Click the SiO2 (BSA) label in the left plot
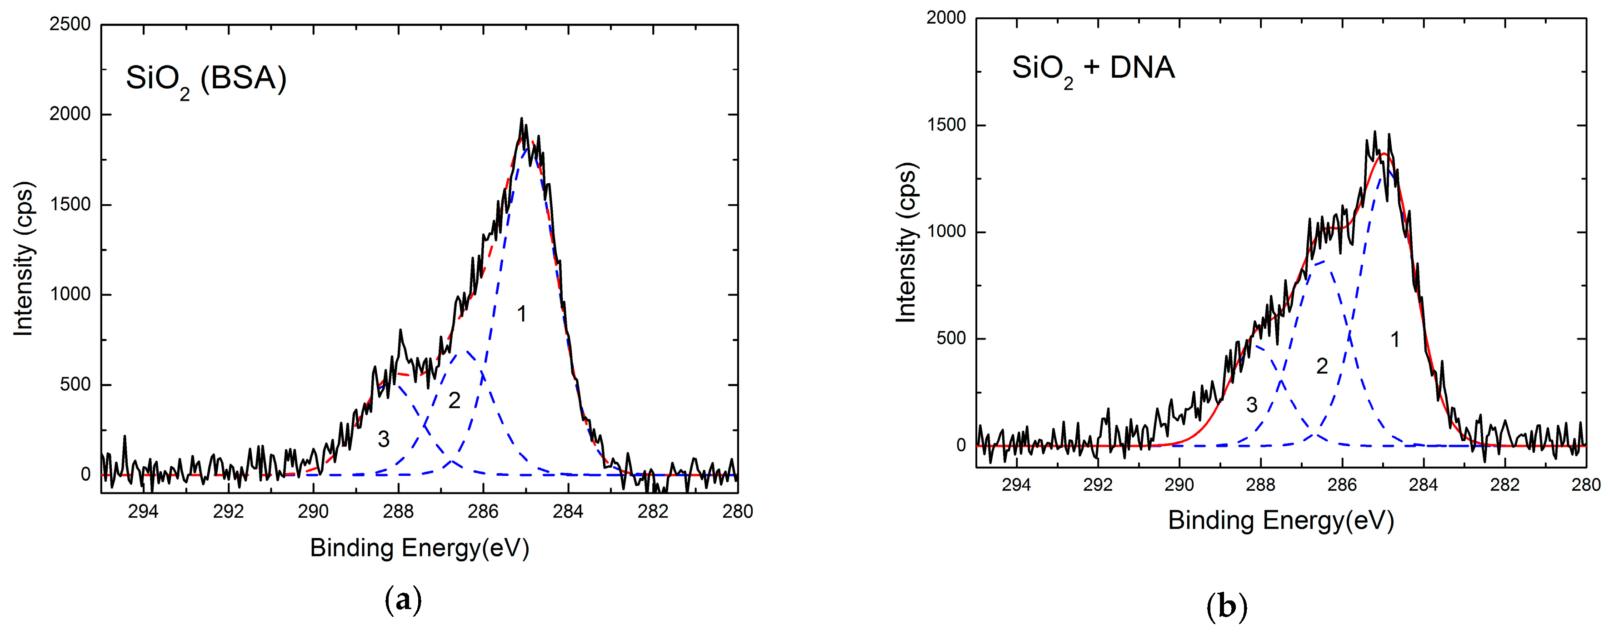coord(206,80)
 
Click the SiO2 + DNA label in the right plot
coord(1093,69)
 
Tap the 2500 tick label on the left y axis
coord(70,25)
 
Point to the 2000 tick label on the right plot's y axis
coord(946,18)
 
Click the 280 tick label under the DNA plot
coord(1585,484)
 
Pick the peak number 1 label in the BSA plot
coord(521,313)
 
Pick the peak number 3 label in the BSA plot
coord(384,439)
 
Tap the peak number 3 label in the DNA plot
coord(1251,405)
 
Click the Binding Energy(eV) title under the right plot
coord(1281,520)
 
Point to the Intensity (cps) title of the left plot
coord(24,258)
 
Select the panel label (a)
coord(402,600)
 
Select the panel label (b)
coord(1226,607)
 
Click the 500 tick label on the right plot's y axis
coord(951,338)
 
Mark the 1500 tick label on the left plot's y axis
coord(70,204)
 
